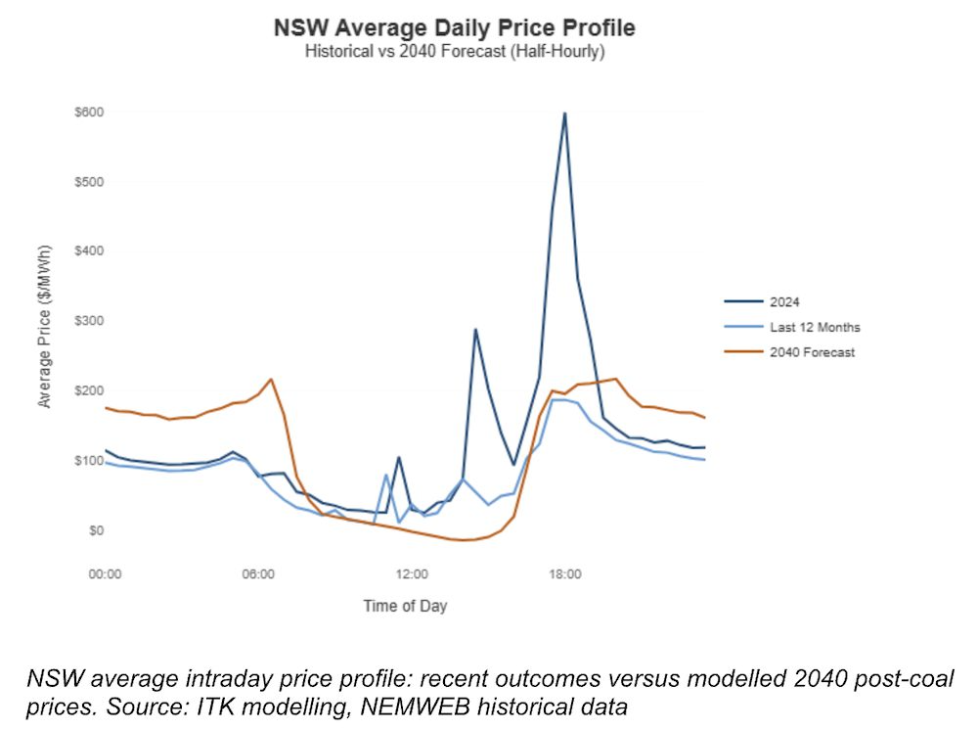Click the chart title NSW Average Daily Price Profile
[455, 27]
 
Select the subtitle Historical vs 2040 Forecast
[455, 51]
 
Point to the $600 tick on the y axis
[89, 113]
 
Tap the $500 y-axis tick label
[89, 182]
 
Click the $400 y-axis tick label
[89, 251]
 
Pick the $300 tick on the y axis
[89, 321]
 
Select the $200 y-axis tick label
[89, 390]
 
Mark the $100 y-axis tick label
[89, 461]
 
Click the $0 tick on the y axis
[95, 530]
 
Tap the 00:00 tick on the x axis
[105, 573]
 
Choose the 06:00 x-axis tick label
[258, 573]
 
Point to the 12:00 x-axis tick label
[412, 573]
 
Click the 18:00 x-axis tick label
[565, 573]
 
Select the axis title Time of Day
[405, 606]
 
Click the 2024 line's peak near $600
[565, 114]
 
